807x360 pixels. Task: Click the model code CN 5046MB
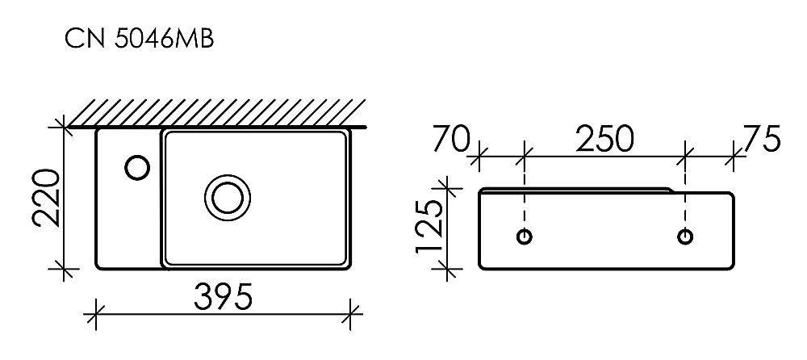click(139, 39)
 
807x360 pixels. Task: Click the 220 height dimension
click(45, 199)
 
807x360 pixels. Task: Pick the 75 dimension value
click(762, 140)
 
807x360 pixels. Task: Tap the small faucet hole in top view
click(136, 168)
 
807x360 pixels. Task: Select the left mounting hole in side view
click(525, 237)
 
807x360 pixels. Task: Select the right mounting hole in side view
click(685, 237)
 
